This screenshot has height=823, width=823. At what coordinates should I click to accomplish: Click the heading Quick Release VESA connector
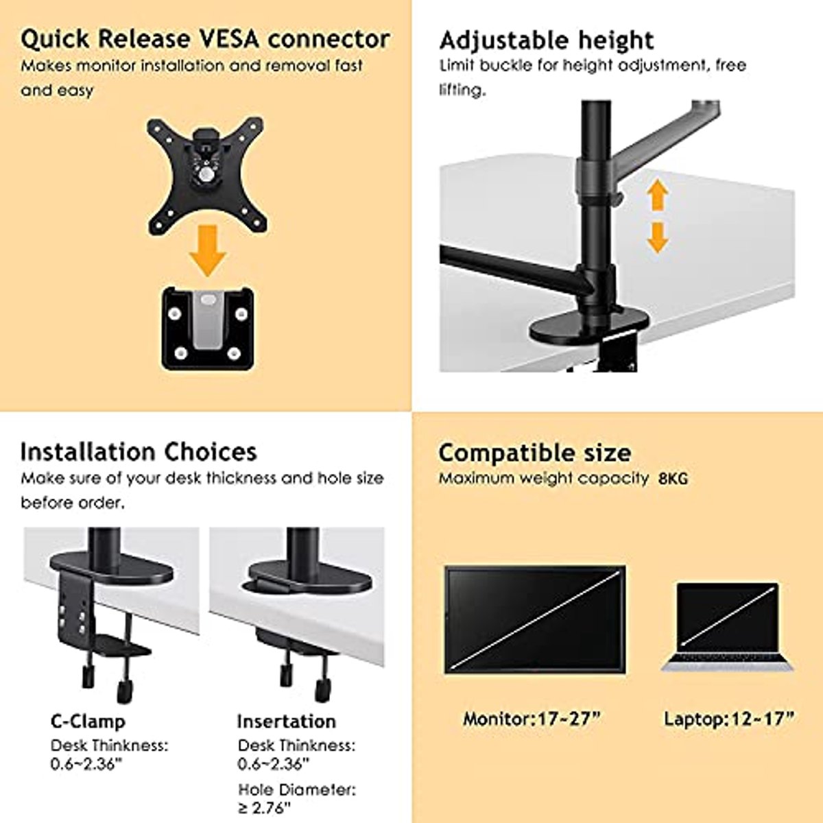205,39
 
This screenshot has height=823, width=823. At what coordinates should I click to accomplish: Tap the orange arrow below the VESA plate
208,251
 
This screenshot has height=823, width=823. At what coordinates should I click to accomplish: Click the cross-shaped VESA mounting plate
206,176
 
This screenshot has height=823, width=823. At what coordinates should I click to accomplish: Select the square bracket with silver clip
208,329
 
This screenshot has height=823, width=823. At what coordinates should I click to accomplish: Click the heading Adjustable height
546,41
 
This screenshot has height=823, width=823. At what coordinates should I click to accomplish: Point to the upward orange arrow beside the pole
657,195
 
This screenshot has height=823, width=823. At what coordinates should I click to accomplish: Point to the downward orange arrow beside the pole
657,237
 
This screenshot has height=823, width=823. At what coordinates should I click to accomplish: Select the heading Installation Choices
139,452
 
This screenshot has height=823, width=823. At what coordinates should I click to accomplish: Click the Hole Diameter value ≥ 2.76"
264,807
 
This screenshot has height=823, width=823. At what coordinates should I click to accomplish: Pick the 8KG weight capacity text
673,479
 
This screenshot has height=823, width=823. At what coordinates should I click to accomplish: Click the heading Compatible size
535,453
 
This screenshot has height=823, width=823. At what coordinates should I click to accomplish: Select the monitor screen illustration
535,620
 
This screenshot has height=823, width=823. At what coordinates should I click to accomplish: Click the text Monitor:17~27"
532,719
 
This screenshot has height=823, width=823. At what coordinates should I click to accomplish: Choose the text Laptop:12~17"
729,719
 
